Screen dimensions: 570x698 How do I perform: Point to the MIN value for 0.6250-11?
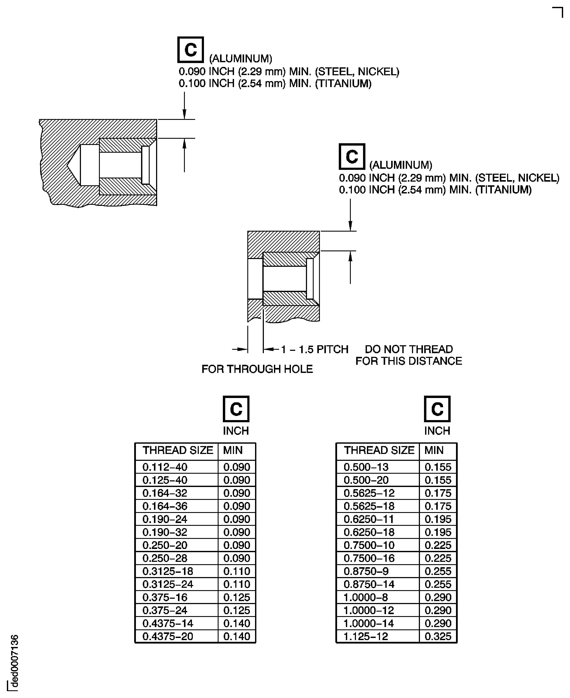pyautogui.click(x=438, y=519)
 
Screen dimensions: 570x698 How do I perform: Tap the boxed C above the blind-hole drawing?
pyautogui.click(x=190, y=50)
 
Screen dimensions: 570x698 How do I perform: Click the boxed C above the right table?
pyautogui.click(x=437, y=409)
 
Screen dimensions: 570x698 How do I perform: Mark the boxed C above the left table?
pyautogui.click(x=236, y=409)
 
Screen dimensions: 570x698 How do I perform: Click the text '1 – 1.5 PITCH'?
pyautogui.click(x=315, y=349)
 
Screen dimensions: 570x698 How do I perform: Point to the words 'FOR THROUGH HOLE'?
pyautogui.click(x=257, y=369)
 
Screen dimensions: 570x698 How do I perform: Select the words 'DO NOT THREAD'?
pyautogui.click(x=409, y=349)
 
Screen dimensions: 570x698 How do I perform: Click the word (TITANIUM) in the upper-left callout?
pyautogui.click(x=343, y=84)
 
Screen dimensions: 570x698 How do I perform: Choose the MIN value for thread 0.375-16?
pyautogui.click(x=237, y=597)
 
